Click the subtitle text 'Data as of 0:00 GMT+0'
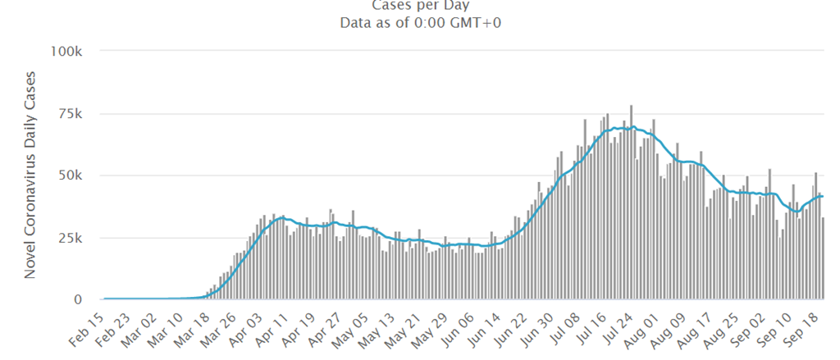coord(420,23)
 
